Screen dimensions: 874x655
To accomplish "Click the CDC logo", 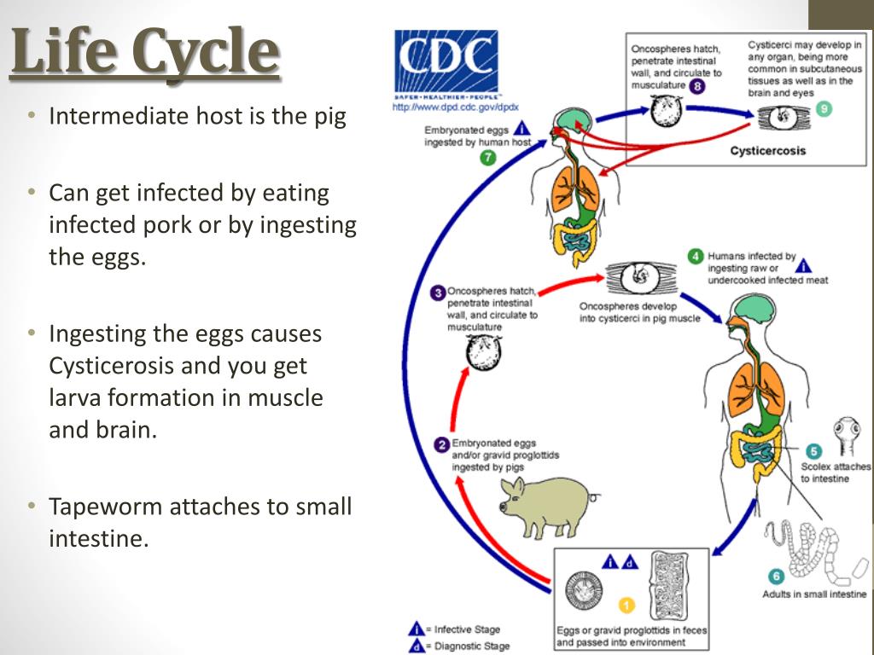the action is [x=446, y=63].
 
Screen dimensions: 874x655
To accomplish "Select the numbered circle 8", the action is [x=696, y=86].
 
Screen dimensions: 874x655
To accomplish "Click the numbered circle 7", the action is [x=487, y=158].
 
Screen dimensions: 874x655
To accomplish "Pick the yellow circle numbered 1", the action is [x=627, y=605].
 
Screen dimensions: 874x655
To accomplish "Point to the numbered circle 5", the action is [x=813, y=451].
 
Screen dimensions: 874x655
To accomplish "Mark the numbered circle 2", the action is [x=442, y=445].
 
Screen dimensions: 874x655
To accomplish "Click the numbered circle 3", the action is [x=438, y=293].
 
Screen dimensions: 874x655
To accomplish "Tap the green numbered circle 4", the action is [x=696, y=256].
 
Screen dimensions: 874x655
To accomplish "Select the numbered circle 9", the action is [x=824, y=108].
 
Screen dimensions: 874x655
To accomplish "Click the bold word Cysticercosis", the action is [x=767, y=150].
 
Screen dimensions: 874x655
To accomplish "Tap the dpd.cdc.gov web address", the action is [x=456, y=107].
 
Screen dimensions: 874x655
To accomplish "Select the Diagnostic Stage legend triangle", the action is [x=417, y=646].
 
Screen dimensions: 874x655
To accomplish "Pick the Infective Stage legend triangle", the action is [x=417, y=629].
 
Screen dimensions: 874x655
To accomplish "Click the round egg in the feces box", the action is [x=584, y=590].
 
